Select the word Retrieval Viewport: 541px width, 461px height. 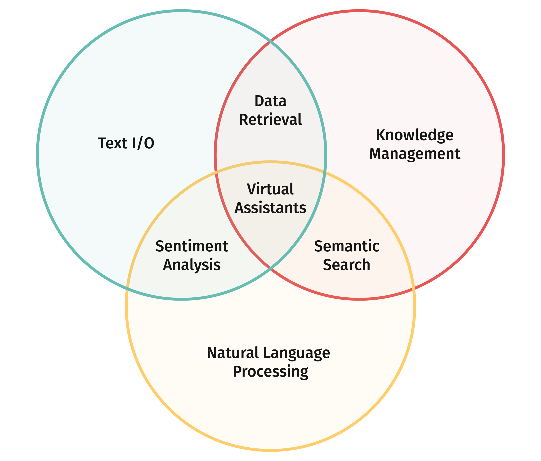(x=270, y=120)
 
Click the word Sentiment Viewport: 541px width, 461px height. (x=192, y=246)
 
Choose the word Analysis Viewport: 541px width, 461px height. (x=192, y=265)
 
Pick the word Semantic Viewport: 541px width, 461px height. (x=346, y=246)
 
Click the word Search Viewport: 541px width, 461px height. (x=346, y=265)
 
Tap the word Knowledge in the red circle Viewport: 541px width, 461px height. (x=414, y=135)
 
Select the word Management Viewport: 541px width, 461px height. (x=414, y=154)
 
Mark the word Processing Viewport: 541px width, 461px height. (x=270, y=372)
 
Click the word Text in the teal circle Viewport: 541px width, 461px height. (x=113, y=143)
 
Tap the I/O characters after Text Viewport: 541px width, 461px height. (x=143, y=143)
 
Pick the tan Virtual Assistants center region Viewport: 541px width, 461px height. (x=270, y=235)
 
